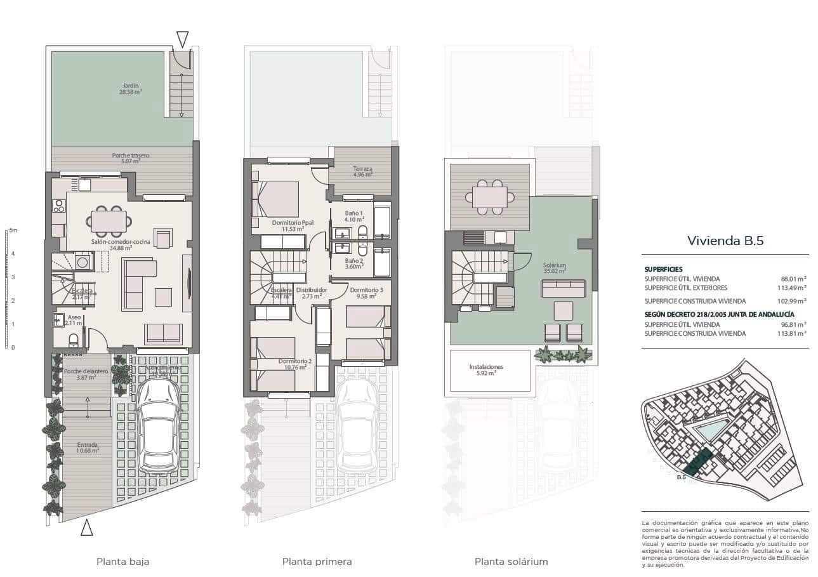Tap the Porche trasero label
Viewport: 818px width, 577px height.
(131, 158)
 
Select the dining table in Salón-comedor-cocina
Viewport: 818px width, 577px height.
(109, 221)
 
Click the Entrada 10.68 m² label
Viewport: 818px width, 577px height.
(88, 448)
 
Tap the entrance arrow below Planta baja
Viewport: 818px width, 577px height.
(87, 527)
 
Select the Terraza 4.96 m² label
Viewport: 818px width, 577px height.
(363, 172)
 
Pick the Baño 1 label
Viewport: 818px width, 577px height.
(353, 216)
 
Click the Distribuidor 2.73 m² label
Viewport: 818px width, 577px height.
(311, 293)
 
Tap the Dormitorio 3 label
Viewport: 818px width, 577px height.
(366, 293)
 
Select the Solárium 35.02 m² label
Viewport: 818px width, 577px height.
(554, 268)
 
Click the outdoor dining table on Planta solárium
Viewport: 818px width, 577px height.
(489, 197)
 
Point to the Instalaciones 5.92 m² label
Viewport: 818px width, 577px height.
(486, 370)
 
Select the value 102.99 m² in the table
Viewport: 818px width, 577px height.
(791, 302)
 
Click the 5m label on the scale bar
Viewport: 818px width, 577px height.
(13, 230)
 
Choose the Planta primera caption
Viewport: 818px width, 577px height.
(317, 562)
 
